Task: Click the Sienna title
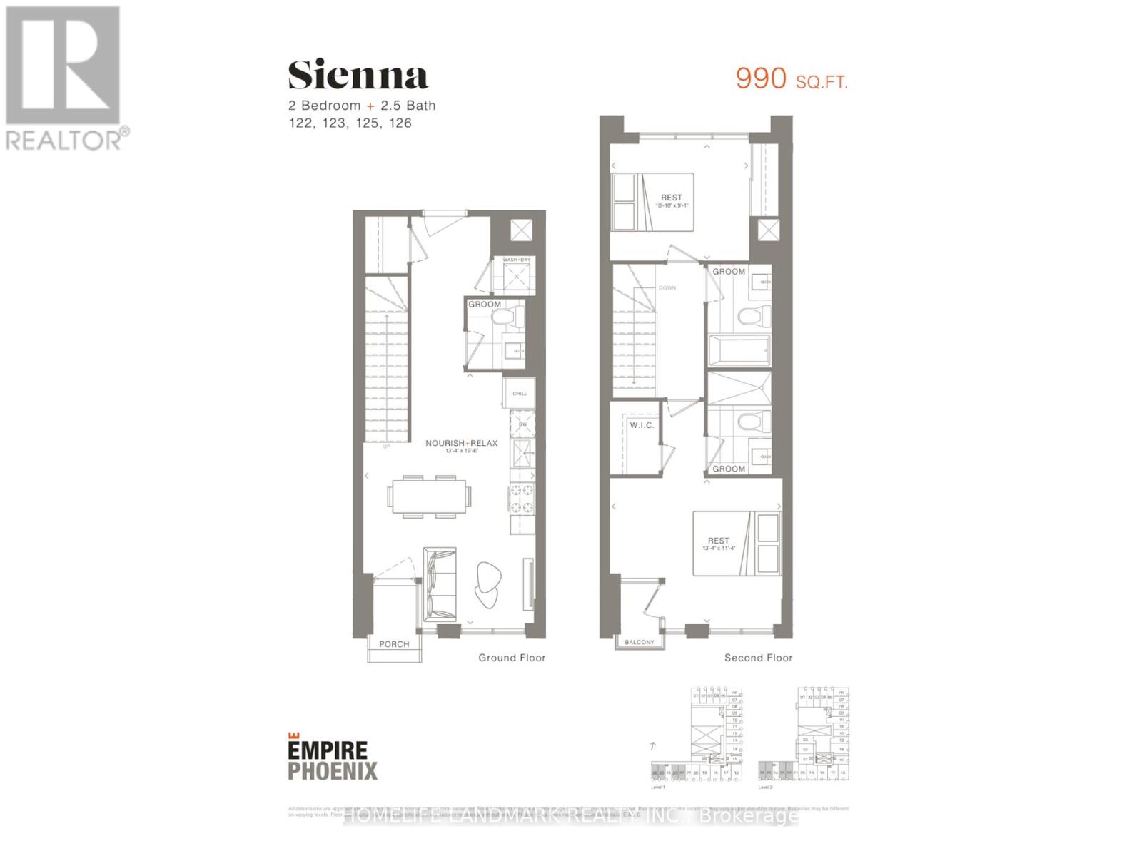358,76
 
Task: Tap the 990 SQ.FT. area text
792,79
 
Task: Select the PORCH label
394,644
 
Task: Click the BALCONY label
639,642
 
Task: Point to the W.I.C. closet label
641,425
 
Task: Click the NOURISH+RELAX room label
461,443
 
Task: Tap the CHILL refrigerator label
519,394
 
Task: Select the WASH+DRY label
516,260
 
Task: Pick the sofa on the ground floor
438,584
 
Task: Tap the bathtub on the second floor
739,350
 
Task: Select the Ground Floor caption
512,658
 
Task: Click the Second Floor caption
758,658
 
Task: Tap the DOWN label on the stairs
667,288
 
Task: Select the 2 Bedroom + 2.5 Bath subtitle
362,106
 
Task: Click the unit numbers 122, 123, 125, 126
350,123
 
